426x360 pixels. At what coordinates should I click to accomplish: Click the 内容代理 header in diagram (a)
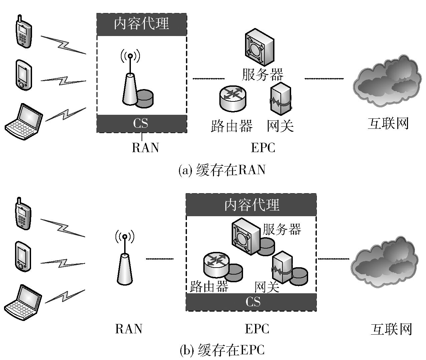click(x=142, y=24)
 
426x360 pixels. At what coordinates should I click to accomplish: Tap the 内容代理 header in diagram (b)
click(x=251, y=205)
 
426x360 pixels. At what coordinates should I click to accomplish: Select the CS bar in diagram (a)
click(x=142, y=123)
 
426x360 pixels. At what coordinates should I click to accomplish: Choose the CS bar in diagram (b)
click(x=251, y=302)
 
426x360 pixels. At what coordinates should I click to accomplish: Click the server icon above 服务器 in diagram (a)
click(x=259, y=48)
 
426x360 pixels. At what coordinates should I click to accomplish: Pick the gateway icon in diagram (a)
click(x=281, y=99)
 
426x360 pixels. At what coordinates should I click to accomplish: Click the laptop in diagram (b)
click(x=23, y=302)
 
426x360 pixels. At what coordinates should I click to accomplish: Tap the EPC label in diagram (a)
click(x=263, y=147)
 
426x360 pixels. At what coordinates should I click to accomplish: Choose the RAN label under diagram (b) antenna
click(x=129, y=329)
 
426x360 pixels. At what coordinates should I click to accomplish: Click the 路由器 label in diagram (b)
click(x=209, y=286)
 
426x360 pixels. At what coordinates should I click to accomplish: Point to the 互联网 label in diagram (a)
click(x=388, y=123)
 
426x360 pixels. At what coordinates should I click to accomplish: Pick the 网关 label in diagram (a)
click(x=280, y=126)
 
